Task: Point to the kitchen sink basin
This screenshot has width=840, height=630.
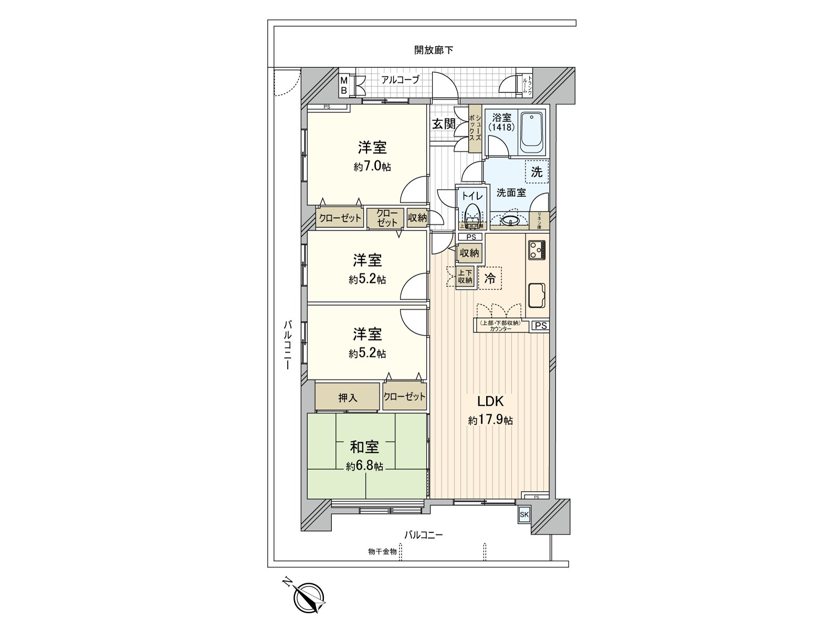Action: coord(537,296)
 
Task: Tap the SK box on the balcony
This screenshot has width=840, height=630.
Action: coord(524,515)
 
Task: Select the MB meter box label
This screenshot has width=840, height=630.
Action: coord(344,86)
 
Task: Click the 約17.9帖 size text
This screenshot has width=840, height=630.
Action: coord(490,421)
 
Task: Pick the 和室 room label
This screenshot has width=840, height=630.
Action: coord(364,447)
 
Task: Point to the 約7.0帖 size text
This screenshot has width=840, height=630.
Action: coord(372,167)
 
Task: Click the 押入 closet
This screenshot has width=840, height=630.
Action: coord(348,397)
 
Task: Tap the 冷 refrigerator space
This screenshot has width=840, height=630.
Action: coord(490,279)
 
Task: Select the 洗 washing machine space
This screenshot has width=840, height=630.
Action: coord(537,172)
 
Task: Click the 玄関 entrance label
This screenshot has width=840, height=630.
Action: coord(444,124)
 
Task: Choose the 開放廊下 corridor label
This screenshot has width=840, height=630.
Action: coord(433,50)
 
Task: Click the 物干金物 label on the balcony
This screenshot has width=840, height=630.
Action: coord(382,552)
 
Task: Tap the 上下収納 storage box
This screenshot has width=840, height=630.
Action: coord(465,277)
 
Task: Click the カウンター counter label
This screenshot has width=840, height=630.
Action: coord(501,329)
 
